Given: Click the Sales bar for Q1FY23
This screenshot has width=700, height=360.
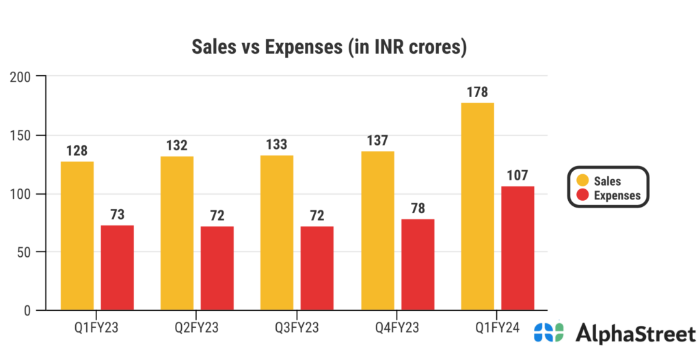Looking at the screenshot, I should (x=77, y=236).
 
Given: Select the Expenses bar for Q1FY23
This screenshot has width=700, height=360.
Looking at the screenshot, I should (x=117, y=268).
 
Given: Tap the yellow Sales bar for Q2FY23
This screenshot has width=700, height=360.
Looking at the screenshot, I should (x=177, y=234).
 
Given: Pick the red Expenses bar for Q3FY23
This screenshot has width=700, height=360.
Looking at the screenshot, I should (x=317, y=268).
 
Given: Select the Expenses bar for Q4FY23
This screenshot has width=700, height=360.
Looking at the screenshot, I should (x=417, y=264).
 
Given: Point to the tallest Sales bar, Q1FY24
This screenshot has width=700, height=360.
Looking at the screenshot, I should (x=477, y=207).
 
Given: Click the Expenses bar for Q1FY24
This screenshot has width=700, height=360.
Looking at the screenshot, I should (x=517, y=248).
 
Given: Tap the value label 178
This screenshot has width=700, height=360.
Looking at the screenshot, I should (x=477, y=92).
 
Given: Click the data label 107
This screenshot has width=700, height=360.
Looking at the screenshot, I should (x=517, y=176).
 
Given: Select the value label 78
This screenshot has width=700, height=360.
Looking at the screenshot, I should (x=417, y=208).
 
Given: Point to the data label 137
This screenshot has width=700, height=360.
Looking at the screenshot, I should (x=377, y=141).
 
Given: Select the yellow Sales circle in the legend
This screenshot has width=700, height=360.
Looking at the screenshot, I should (x=582, y=181).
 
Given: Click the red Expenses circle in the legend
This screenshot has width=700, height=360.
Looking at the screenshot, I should (x=582, y=195).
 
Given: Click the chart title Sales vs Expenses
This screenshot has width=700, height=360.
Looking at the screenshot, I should (x=329, y=48).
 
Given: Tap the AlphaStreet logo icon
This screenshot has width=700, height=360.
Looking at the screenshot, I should (x=549, y=333).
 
